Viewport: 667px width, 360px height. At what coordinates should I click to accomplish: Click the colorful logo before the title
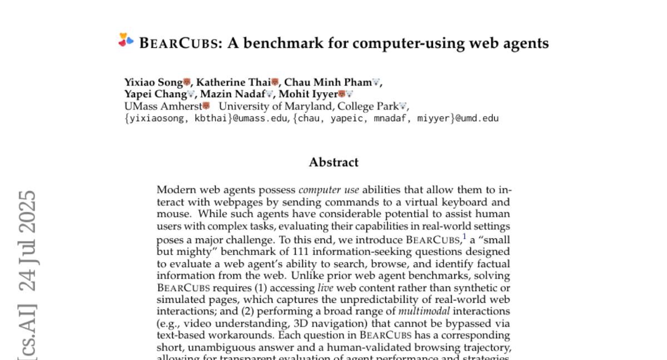pos(126,40)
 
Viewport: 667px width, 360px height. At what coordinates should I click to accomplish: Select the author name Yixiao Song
pos(153,83)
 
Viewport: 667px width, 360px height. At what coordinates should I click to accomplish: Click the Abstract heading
pos(333,162)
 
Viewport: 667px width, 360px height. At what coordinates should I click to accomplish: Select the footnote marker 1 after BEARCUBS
pos(464,237)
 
